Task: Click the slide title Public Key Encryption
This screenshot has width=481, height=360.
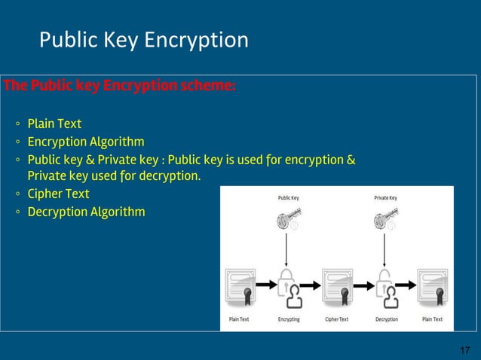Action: [x=143, y=40]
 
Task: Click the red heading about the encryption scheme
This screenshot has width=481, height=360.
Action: [x=120, y=85]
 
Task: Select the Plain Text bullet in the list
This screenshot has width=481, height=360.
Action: [x=54, y=124]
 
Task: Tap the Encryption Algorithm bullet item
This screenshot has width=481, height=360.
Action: [x=86, y=142]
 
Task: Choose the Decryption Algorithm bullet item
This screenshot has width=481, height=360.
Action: [x=86, y=212]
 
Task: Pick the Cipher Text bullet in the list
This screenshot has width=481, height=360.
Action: [x=58, y=194]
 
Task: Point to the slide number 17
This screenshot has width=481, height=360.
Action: [x=464, y=350]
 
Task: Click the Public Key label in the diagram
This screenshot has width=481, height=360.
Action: [x=289, y=198]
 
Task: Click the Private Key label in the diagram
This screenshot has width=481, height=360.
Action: [x=385, y=198]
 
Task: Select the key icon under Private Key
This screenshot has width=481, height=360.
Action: [x=385, y=220]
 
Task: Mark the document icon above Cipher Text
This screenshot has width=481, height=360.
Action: [x=337, y=288]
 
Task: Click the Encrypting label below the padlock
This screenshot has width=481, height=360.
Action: [x=289, y=319]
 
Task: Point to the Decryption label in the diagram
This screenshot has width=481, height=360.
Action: [x=386, y=319]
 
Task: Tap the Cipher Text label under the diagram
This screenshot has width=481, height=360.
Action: [x=336, y=319]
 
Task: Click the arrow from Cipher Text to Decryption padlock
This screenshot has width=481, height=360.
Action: [x=363, y=285]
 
